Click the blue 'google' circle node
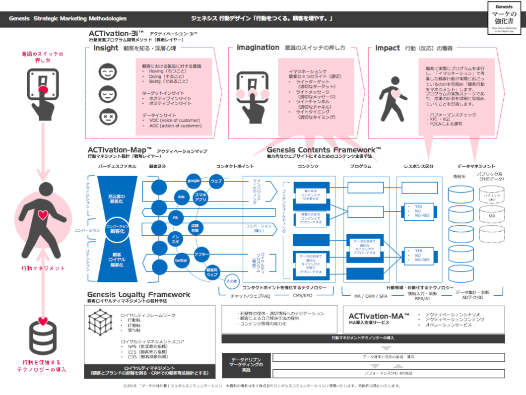click(194, 181)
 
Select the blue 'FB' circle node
click(175, 218)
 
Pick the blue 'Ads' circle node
click(181, 197)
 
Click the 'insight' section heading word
click(105, 48)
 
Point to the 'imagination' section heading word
click(258, 48)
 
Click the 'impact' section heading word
click(388, 48)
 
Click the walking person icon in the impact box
click(390, 95)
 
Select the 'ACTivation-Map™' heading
click(119, 149)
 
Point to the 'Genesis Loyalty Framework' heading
click(138, 294)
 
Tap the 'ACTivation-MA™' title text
click(379, 316)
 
